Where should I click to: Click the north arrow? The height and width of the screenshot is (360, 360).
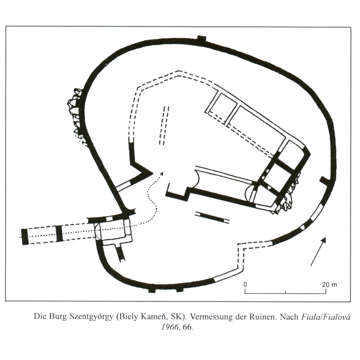[x=318, y=251]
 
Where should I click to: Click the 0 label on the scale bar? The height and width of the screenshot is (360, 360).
[x=245, y=284]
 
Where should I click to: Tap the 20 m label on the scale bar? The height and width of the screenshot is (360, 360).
[x=330, y=285]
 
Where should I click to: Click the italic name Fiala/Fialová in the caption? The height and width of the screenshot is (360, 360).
[x=326, y=317]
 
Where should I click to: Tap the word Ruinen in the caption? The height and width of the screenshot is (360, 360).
[x=262, y=317]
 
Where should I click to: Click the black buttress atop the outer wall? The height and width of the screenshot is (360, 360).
[x=202, y=39]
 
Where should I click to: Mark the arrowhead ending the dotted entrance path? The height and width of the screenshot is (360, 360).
[x=162, y=173]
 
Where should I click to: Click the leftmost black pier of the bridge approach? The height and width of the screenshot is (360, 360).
[x=25, y=237]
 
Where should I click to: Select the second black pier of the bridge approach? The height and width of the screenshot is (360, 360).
[x=59, y=233]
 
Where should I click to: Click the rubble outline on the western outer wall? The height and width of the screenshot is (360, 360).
[x=76, y=115]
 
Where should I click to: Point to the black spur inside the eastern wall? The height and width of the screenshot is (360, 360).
[x=324, y=180]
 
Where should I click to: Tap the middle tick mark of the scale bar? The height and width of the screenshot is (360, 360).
[x=285, y=292]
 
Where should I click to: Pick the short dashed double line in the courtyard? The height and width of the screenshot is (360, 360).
[x=164, y=125]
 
